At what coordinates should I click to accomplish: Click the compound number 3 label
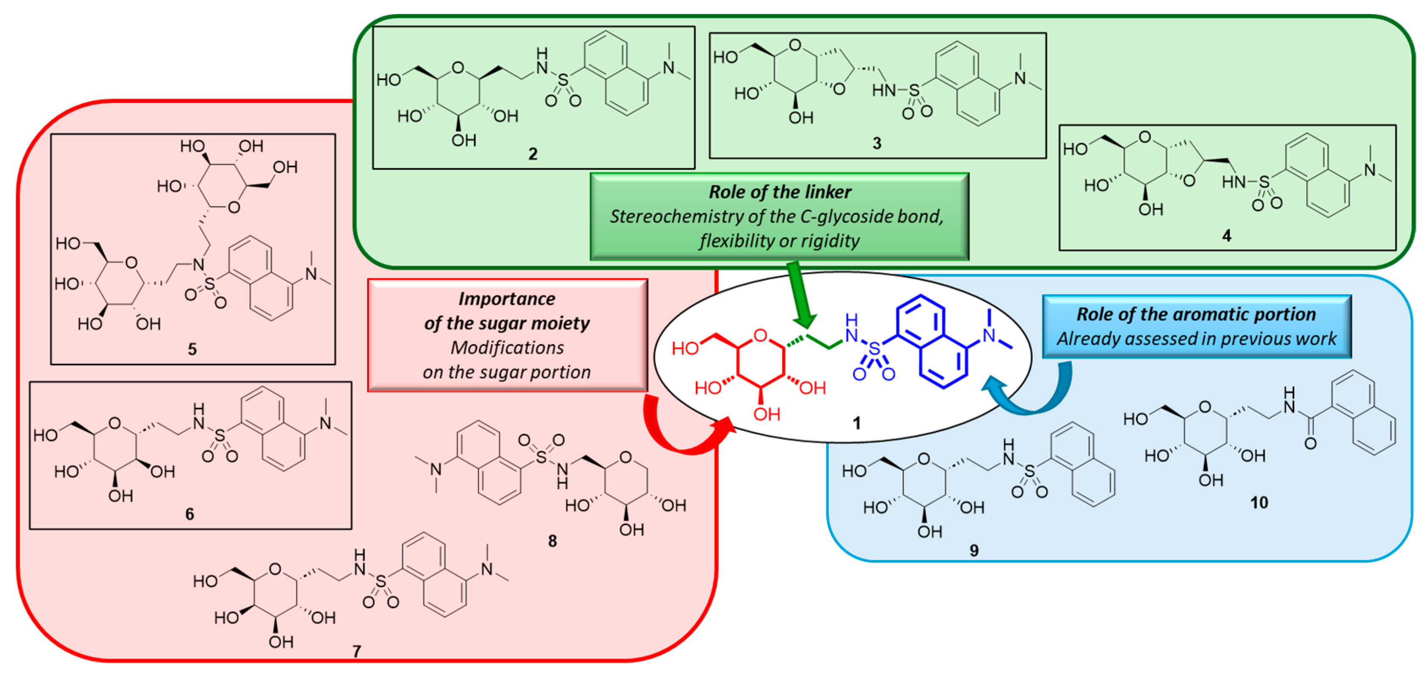click(877, 143)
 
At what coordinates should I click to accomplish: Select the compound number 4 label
click(1227, 236)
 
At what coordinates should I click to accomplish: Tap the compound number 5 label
click(192, 350)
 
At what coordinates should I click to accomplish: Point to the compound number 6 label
click(189, 514)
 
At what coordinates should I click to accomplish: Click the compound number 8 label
click(552, 541)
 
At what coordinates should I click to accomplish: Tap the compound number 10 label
click(1259, 503)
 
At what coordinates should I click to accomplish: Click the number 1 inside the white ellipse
click(856, 424)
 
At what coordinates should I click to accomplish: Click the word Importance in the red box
click(507, 299)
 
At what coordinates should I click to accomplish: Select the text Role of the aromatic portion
click(1196, 314)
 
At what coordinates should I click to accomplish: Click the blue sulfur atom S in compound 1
click(874, 348)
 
